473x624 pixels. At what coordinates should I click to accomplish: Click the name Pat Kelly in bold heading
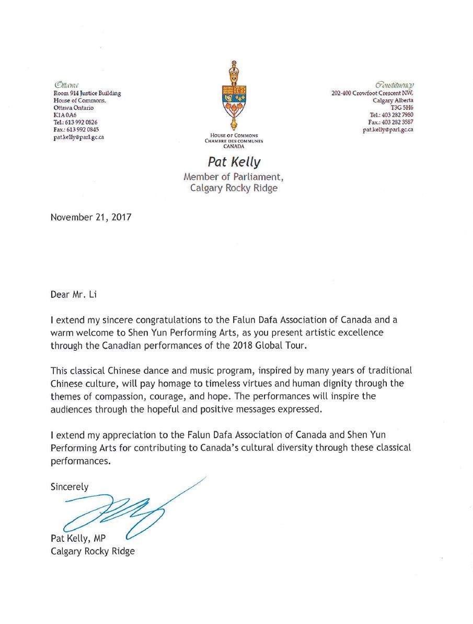[x=234, y=163]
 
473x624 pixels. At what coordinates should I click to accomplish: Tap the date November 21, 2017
[x=91, y=217]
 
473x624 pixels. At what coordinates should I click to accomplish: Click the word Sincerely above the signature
[x=70, y=486]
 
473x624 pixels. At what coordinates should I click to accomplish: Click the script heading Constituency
[x=395, y=85]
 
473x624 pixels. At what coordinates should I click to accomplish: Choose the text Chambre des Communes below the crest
[x=234, y=141]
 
